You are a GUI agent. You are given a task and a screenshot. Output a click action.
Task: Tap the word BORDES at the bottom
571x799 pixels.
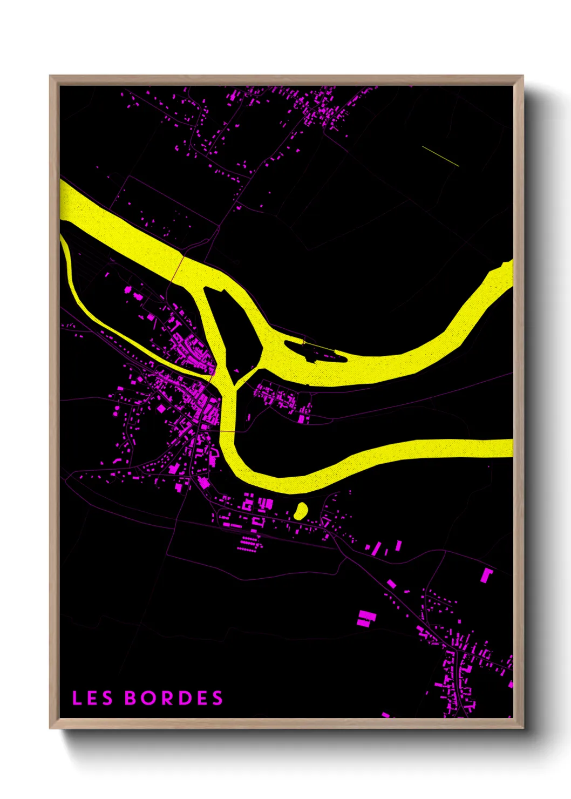pos(174,698)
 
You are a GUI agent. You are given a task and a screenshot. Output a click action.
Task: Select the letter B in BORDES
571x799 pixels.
pos(131,698)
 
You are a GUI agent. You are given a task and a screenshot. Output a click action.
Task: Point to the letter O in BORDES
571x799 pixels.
pos(148,698)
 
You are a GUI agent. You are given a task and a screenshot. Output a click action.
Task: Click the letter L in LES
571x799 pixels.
pos(77,698)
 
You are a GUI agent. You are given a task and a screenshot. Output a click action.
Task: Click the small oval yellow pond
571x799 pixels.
pos(301,510)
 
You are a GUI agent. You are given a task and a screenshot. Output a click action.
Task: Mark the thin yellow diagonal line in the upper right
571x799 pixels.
pos(440,156)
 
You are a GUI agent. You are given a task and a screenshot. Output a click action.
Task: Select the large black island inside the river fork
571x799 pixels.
pos(236,335)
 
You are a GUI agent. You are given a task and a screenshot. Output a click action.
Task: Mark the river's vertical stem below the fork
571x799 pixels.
pos(228,410)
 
